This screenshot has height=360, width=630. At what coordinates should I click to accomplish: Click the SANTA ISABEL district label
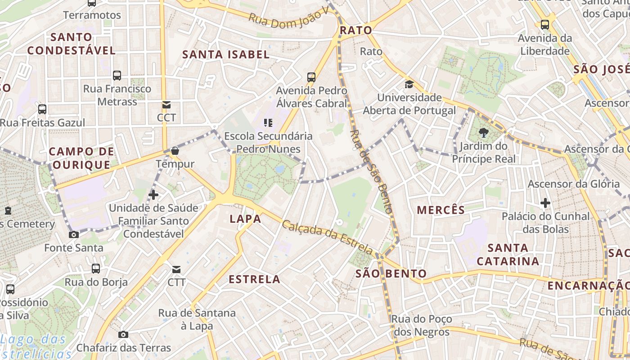click(x=225, y=54)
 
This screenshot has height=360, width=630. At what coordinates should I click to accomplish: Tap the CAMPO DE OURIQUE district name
click(x=81, y=158)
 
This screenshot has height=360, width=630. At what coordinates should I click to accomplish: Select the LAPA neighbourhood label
click(x=245, y=219)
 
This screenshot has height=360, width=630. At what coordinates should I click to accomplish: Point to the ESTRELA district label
click(x=255, y=279)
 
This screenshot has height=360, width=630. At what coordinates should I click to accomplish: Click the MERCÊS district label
click(x=441, y=210)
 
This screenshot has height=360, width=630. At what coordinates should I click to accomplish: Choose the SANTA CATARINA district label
click(x=508, y=254)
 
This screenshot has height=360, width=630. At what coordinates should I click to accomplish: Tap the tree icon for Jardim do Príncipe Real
click(x=484, y=133)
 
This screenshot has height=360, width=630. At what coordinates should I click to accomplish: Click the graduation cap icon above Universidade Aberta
click(x=409, y=84)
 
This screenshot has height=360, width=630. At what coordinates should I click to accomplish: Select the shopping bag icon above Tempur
click(x=175, y=151)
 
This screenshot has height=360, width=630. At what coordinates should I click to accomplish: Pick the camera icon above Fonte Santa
click(x=73, y=234)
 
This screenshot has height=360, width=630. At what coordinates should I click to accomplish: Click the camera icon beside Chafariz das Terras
click(x=123, y=334)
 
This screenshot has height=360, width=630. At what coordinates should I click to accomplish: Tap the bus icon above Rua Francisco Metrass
click(x=117, y=75)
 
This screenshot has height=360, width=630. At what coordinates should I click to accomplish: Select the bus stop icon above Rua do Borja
click(x=96, y=269)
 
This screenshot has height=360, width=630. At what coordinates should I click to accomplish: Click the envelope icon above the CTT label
click(x=176, y=270)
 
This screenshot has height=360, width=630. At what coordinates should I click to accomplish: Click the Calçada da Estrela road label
click(x=327, y=237)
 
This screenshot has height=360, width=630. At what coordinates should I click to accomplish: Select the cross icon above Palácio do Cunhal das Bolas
click(x=545, y=203)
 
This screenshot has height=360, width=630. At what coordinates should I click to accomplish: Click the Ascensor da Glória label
click(x=573, y=184)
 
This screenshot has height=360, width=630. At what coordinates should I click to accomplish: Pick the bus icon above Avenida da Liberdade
click(x=545, y=24)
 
